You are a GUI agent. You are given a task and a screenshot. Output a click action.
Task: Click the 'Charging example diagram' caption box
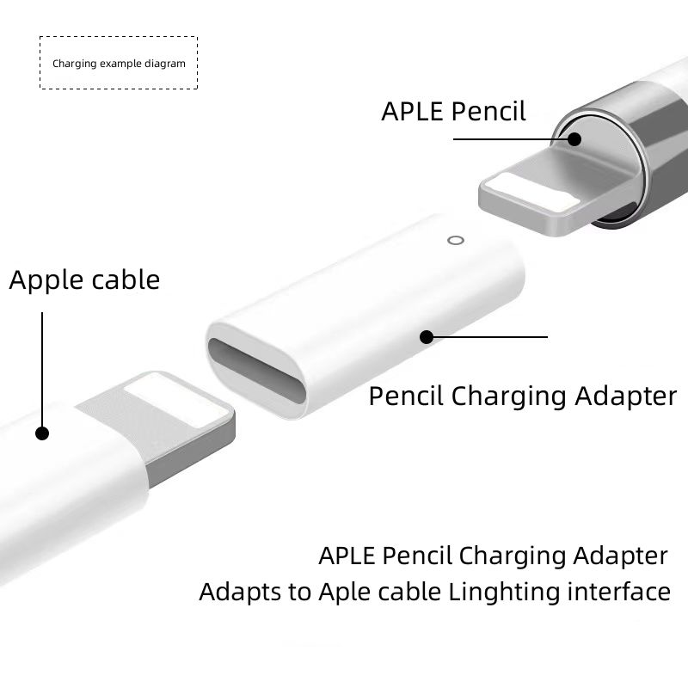pyautogui.click(x=119, y=63)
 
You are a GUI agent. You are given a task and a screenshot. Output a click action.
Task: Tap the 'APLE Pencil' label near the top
pyautogui.click(x=453, y=111)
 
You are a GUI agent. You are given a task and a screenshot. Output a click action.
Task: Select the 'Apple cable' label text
pyautogui.click(x=84, y=279)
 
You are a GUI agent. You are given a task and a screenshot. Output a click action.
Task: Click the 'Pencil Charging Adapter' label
pyautogui.click(x=523, y=396)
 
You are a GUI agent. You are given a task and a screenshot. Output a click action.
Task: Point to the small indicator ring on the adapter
pyautogui.click(x=456, y=240)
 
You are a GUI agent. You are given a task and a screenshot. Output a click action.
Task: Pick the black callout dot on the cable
pyautogui.click(x=42, y=433)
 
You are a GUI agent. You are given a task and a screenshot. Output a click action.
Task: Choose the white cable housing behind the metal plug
pyautogui.click(x=69, y=482)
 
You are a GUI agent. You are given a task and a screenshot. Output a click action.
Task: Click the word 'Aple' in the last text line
pyautogui.click(x=340, y=592)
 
